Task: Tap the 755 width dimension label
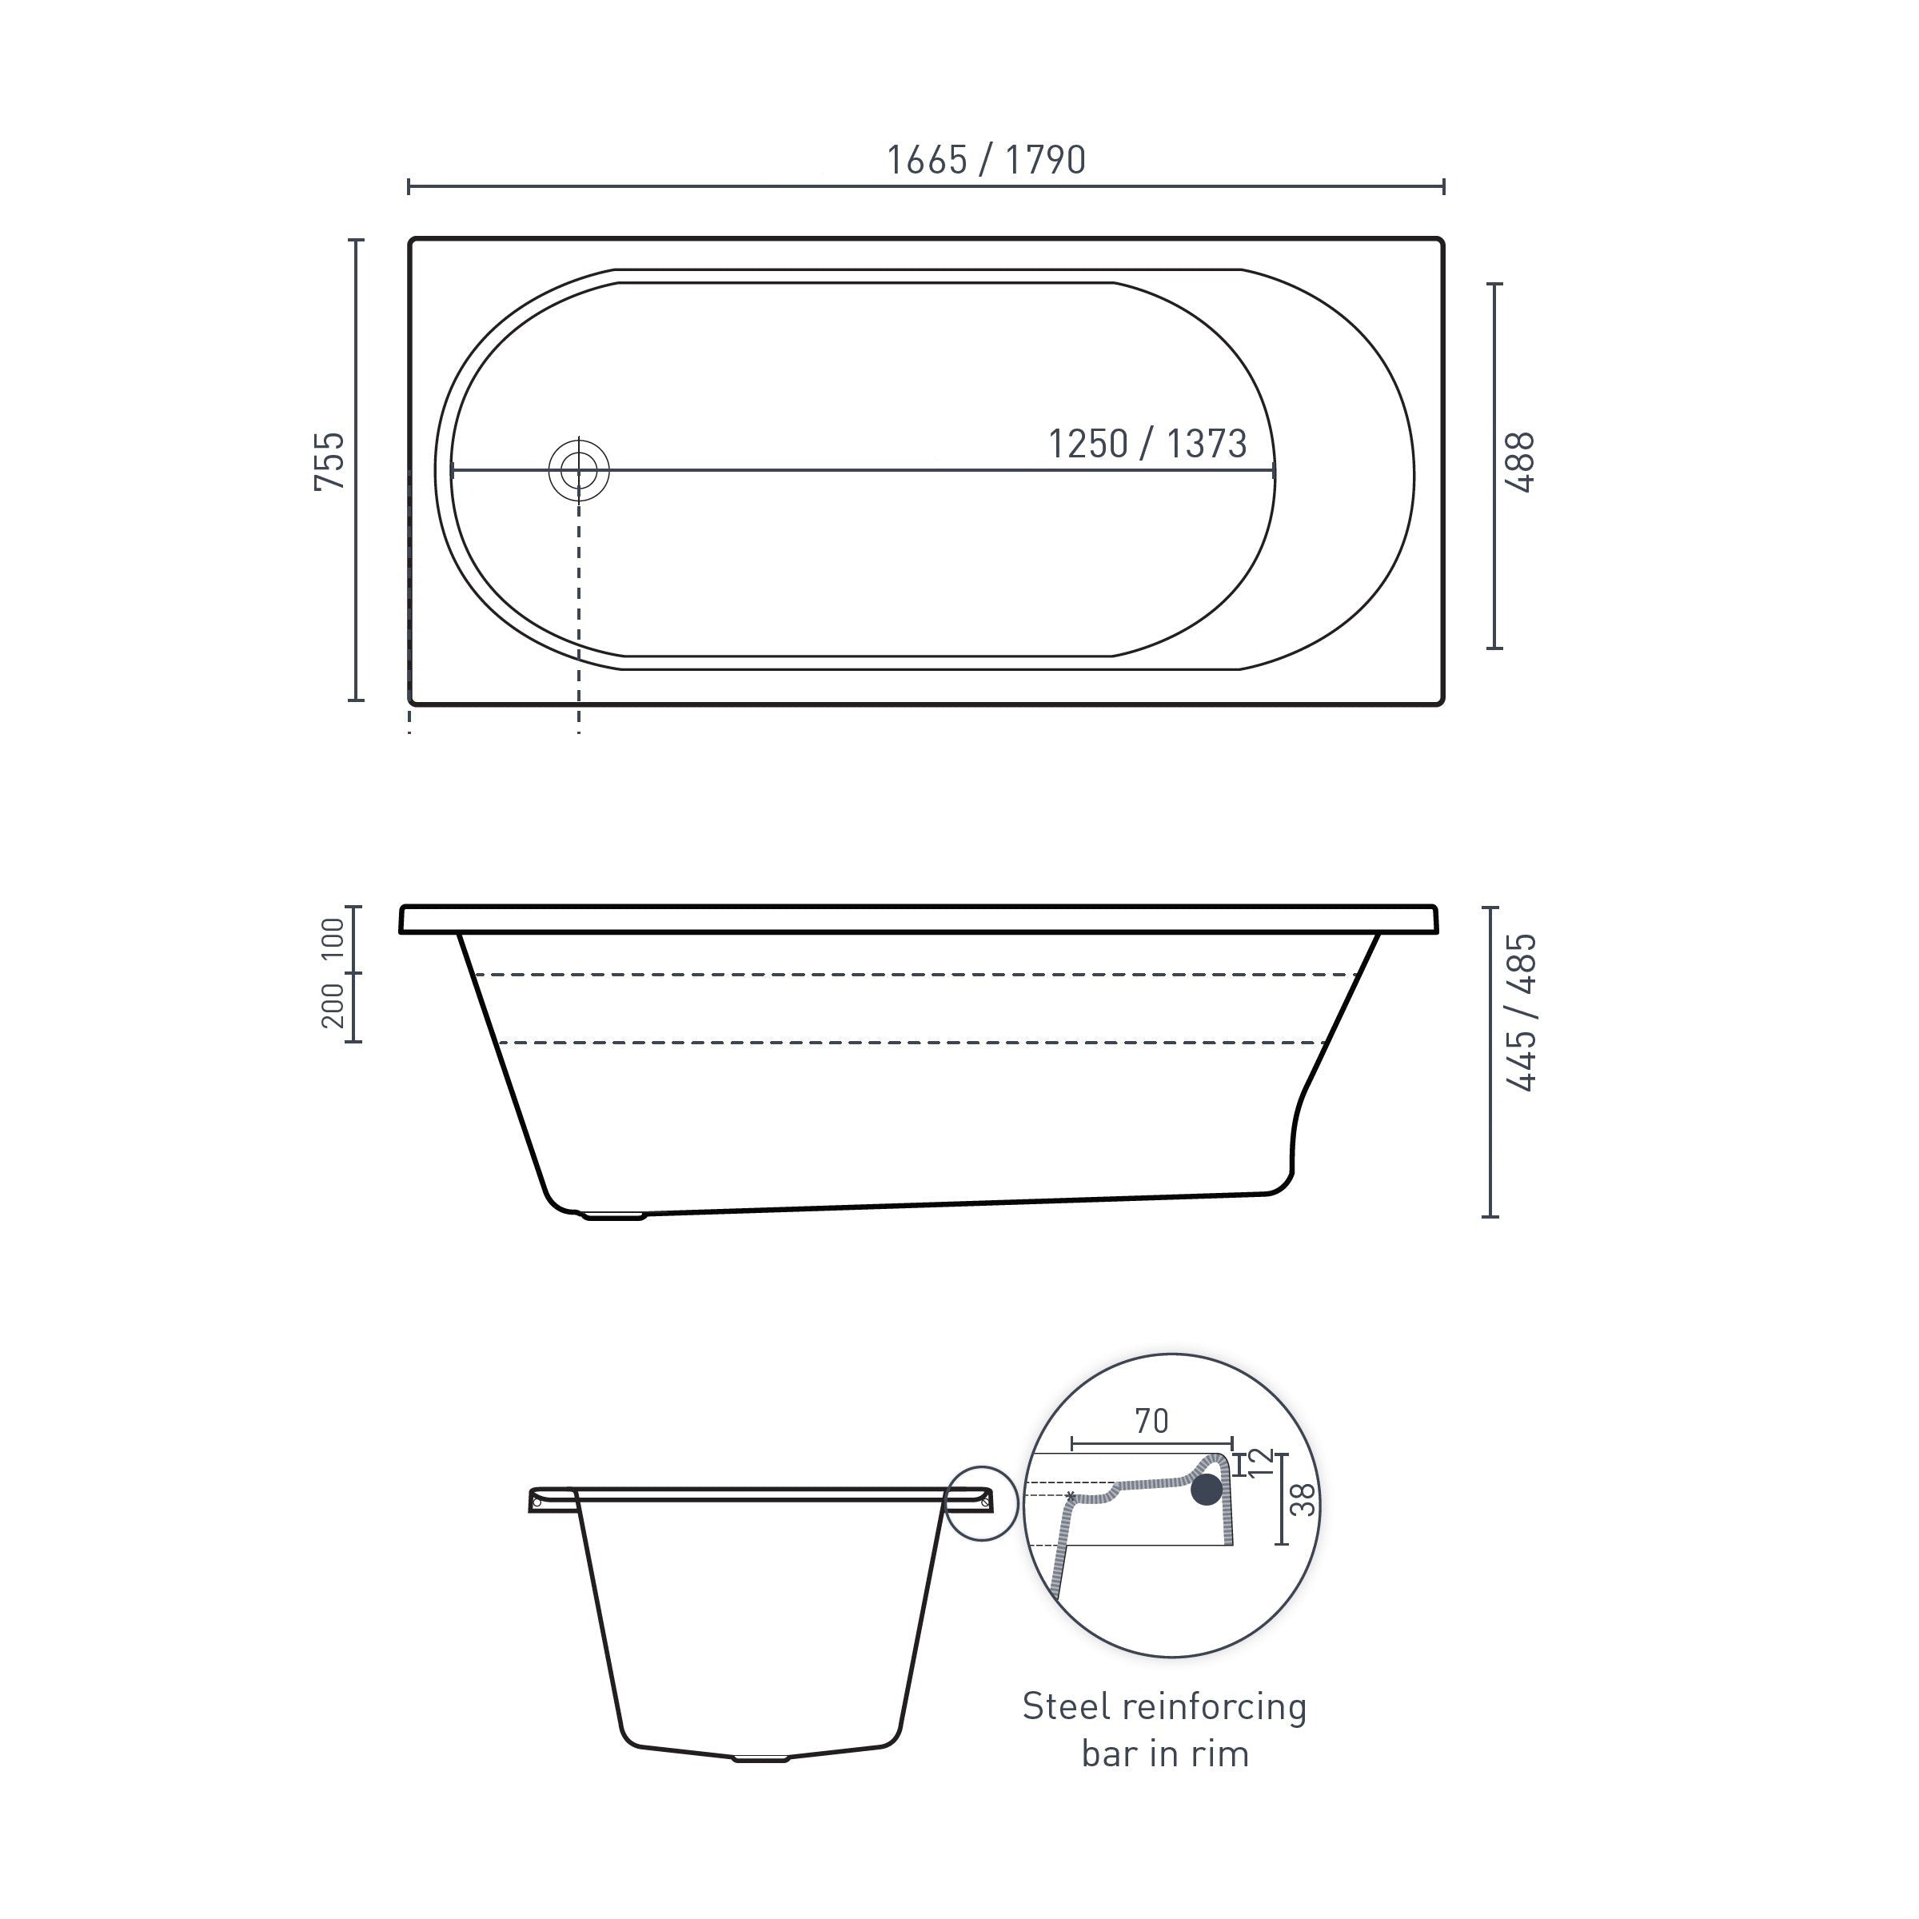click(329, 461)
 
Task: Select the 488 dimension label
click(1520, 463)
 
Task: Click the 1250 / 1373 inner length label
click(1147, 444)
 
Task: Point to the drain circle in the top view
click(579, 471)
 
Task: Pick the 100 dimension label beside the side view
click(333, 939)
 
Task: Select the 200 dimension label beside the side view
click(333, 1005)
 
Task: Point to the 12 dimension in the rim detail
click(1259, 1462)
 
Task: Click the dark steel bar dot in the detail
click(1207, 1489)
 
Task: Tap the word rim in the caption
click(1221, 1754)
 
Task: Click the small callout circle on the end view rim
click(981, 1503)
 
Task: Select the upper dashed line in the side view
click(914, 975)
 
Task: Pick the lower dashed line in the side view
click(914, 1043)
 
